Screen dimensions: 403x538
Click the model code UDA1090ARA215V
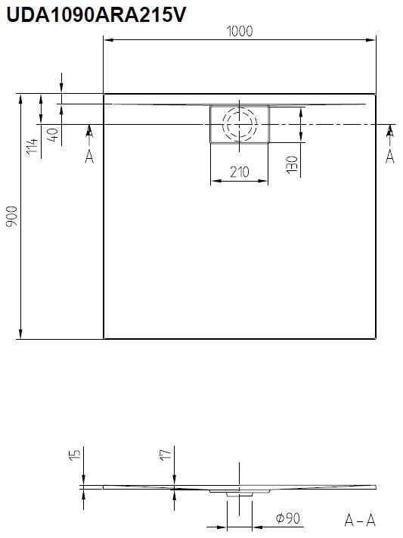tap(96, 14)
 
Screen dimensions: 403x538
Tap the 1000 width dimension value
tap(240, 31)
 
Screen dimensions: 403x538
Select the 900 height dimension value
tap(12, 216)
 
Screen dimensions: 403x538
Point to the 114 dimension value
tap(33, 146)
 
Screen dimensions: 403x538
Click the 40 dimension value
tap(53, 135)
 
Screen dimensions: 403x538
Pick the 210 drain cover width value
tap(240, 172)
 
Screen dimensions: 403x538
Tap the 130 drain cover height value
tap(292, 164)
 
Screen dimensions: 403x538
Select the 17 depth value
tap(166, 454)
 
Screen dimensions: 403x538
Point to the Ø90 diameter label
tap(288, 518)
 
